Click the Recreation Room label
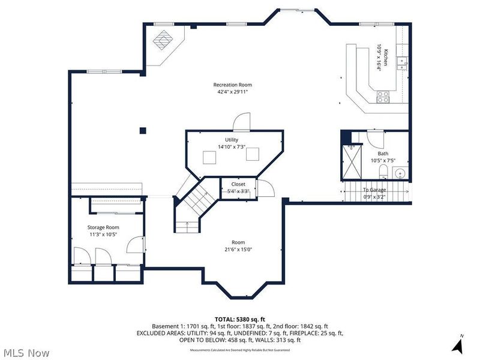(x=232, y=85)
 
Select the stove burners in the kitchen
(x=383, y=97)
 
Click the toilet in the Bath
(x=383, y=173)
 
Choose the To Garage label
(x=374, y=190)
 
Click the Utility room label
(x=232, y=140)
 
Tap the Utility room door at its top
(x=241, y=122)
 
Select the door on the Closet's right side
(x=266, y=189)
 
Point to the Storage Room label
(x=103, y=227)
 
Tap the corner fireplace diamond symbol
(x=163, y=41)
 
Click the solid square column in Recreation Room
(x=143, y=130)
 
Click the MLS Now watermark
(x=27, y=353)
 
